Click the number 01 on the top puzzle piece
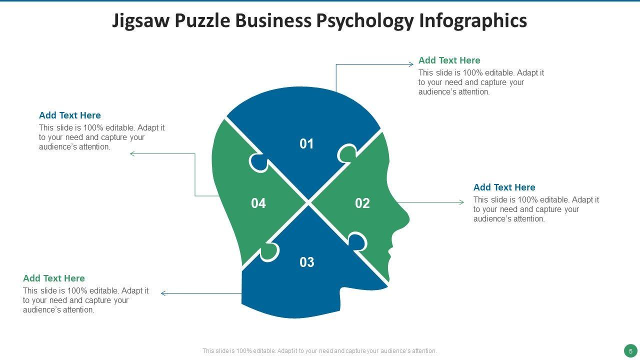[306, 144]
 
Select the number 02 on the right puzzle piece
[362, 203]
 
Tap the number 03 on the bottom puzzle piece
[306, 262]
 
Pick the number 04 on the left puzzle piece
[258, 203]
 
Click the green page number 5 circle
[630, 350]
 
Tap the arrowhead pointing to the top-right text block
[411, 64]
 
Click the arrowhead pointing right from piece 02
[461, 202]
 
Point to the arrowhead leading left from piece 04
[132, 153]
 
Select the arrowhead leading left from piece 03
[163, 293]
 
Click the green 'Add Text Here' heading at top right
[449, 60]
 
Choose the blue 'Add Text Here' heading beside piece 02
[504, 187]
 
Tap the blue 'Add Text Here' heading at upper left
[69, 115]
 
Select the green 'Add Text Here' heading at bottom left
[53, 278]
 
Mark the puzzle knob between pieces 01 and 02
[347, 153]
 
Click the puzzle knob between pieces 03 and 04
[268, 251]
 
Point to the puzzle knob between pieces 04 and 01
[258, 162]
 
